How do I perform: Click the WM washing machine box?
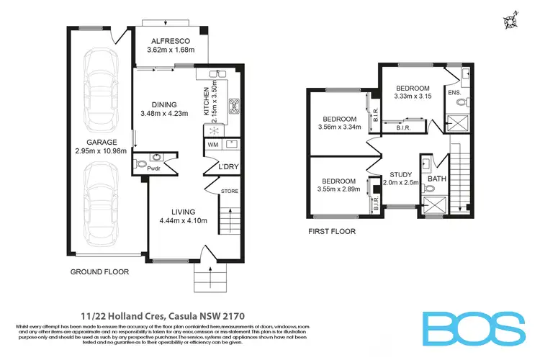click(x=212, y=145)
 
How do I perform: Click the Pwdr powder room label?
click(x=154, y=168)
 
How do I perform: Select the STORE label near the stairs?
click(x=230, y=191)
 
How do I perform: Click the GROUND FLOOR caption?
click(x=99, y=272)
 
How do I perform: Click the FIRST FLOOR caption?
click(x=331, y=232)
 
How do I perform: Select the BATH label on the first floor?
click(x=437, y=178)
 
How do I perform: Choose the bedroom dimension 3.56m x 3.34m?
click(x=337, y=128)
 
